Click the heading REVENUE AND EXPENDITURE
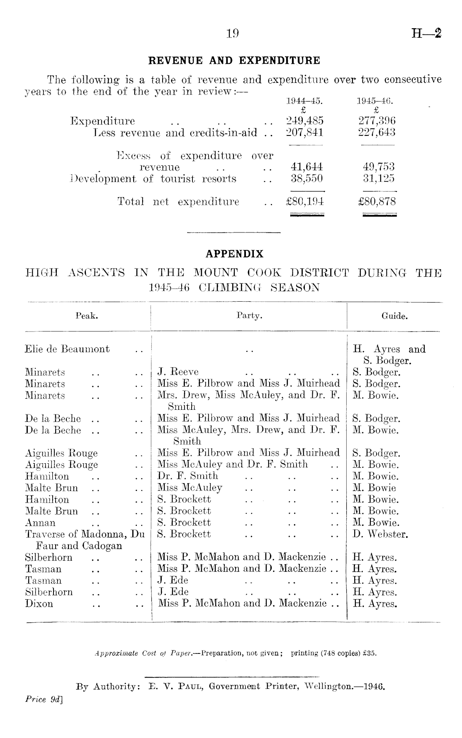pos(234,61)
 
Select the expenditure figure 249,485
pos(305,121)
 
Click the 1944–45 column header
pos(305,101)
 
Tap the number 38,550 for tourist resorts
pos(306,179)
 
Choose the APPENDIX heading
pos(234,254)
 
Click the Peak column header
pos(87,316)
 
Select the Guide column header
pos(394,316)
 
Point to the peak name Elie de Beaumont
pos(68,349)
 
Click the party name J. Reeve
pos(178,372)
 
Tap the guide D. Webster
pos(380,534)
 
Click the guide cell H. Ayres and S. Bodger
pos(389,355)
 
